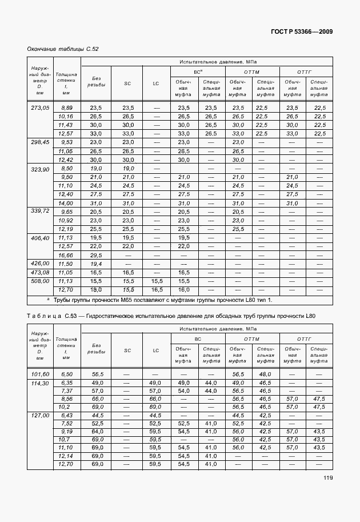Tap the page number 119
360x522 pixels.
327,478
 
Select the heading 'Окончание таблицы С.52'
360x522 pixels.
63,49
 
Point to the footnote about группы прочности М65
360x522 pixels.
163,300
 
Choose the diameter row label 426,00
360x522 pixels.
39,264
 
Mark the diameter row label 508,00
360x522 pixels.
39,281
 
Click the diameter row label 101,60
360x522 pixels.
39,373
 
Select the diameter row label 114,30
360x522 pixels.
39,382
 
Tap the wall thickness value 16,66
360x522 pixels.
66,255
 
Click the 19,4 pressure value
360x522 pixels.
96,264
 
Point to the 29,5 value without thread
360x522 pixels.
96,255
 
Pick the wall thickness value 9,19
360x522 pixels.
66,431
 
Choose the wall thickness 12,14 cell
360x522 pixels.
66,456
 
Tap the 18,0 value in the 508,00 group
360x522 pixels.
96,290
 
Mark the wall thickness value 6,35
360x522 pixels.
66,382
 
